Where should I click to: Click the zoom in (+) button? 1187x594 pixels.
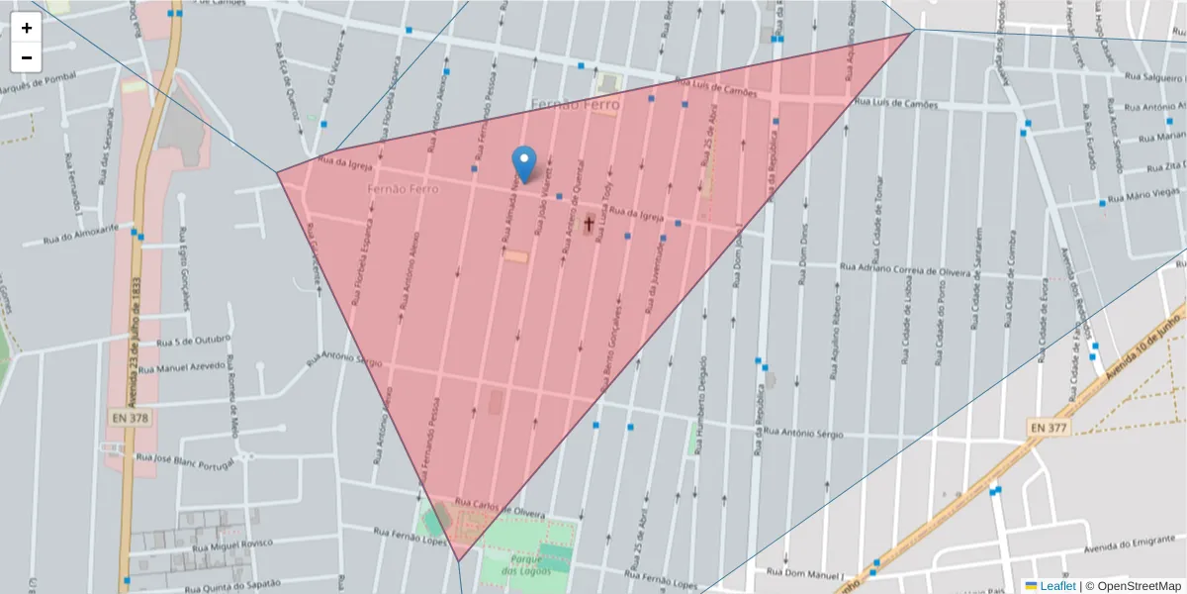point(27,28)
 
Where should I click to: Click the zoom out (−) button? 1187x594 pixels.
point(27,57)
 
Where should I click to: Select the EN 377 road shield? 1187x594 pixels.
point(1049,427)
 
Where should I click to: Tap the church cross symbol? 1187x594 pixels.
point(588,224)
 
